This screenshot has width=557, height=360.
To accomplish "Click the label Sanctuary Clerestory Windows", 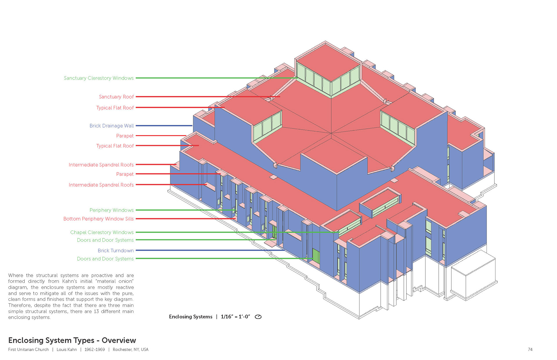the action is pos(99,78).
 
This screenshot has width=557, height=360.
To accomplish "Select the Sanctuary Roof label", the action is pos(116,97).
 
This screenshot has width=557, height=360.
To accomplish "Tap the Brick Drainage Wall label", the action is pos(111,126).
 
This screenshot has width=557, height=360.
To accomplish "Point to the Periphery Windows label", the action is pos(111,210).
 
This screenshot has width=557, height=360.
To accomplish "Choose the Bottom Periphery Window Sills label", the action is pos(98,219).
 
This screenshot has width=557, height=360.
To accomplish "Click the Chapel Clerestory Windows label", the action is pos(102,232).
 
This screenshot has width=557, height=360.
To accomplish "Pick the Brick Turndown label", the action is pos(115,250).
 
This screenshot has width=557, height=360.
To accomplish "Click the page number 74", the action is pos(530,350).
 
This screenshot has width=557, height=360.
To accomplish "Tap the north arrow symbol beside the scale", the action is pos(258,317).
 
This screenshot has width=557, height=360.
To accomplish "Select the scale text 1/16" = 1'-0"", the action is pos(235,317).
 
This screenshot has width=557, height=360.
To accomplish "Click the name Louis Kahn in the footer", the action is pos(67,350).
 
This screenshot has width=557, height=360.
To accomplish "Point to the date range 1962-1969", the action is pos(95,350).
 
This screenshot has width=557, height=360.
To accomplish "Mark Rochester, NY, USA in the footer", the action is pos(131,350).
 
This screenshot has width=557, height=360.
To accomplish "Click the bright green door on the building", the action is pos(316,256).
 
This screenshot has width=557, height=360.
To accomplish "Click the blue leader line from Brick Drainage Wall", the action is pos(164,126).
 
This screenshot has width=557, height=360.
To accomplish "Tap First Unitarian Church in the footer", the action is pos(28,350).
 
